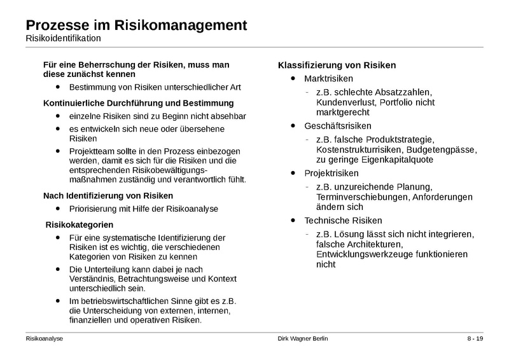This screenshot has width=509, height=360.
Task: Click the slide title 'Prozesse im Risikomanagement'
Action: pyautogui.click(x=136, y=25)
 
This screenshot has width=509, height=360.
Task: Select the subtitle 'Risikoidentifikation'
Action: pyautogui.click(x=63, y=39)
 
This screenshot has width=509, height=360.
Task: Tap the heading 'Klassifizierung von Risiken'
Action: pyautogui.click(x=337, y=65)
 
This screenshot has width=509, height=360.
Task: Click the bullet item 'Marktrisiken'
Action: pyautogui.click(x=328, y=79)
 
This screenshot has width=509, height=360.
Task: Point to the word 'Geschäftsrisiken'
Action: pyautogui.click(x=338, y=126)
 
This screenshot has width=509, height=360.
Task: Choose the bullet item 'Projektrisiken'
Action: pyautogui.click(x=331, y=173)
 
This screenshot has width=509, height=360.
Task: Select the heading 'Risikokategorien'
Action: pyautogui.click(x=80, y=225)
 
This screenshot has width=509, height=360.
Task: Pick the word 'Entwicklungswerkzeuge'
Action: pyautogui.click(x=364, y=254)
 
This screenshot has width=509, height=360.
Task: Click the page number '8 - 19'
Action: pyautogui.click(x=475, y=339)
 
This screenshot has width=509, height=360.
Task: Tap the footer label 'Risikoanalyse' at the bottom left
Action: pyautogui.click(x=44, y=339)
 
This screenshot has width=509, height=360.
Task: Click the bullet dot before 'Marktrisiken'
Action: pyautogui.click(x=292, y=78)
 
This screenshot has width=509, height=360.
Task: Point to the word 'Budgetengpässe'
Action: pyautogui.click(x=445, y=149)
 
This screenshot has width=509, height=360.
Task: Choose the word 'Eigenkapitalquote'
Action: pyautogui.click(x=396, y=160)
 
